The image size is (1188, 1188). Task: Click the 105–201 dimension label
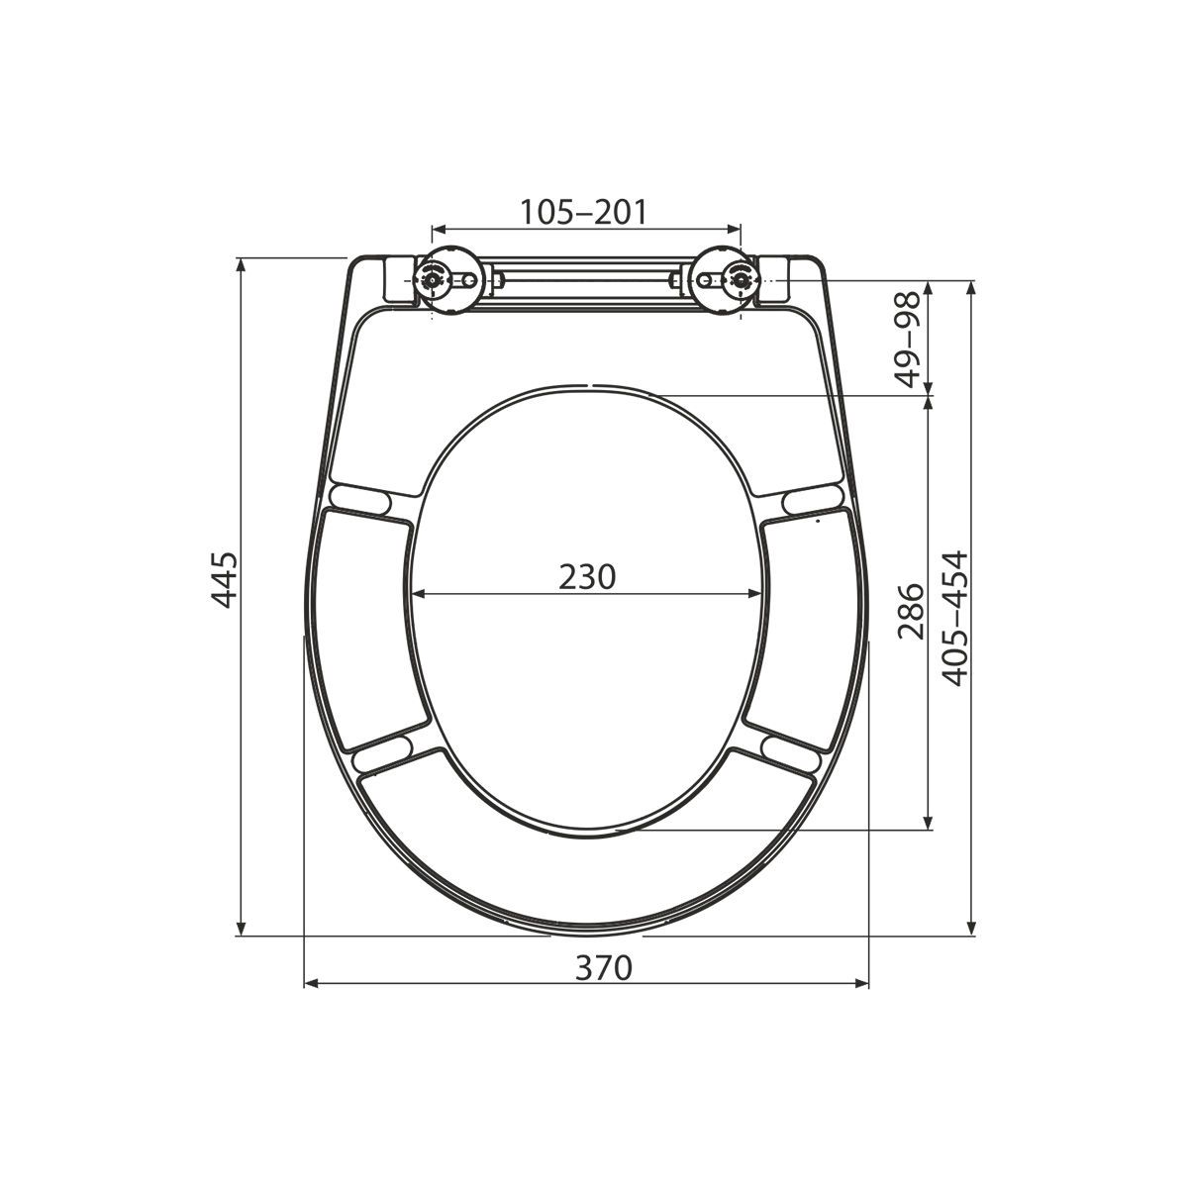pyautogui.click(x=584, y=212)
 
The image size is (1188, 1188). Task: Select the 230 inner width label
pyautogui.click(x=587, y=577)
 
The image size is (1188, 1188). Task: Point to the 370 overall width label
pyautogui.click(x=604, y=967)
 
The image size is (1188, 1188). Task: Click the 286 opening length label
pyautogui.click(x=911, y=611)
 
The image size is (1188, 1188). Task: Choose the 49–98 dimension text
pyautogui.click(x=907, y=340)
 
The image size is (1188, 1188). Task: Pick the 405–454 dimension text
pyautogui.click(x=955, y=619)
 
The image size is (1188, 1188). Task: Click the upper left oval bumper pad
pyautogui.click(x=360, y=499)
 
